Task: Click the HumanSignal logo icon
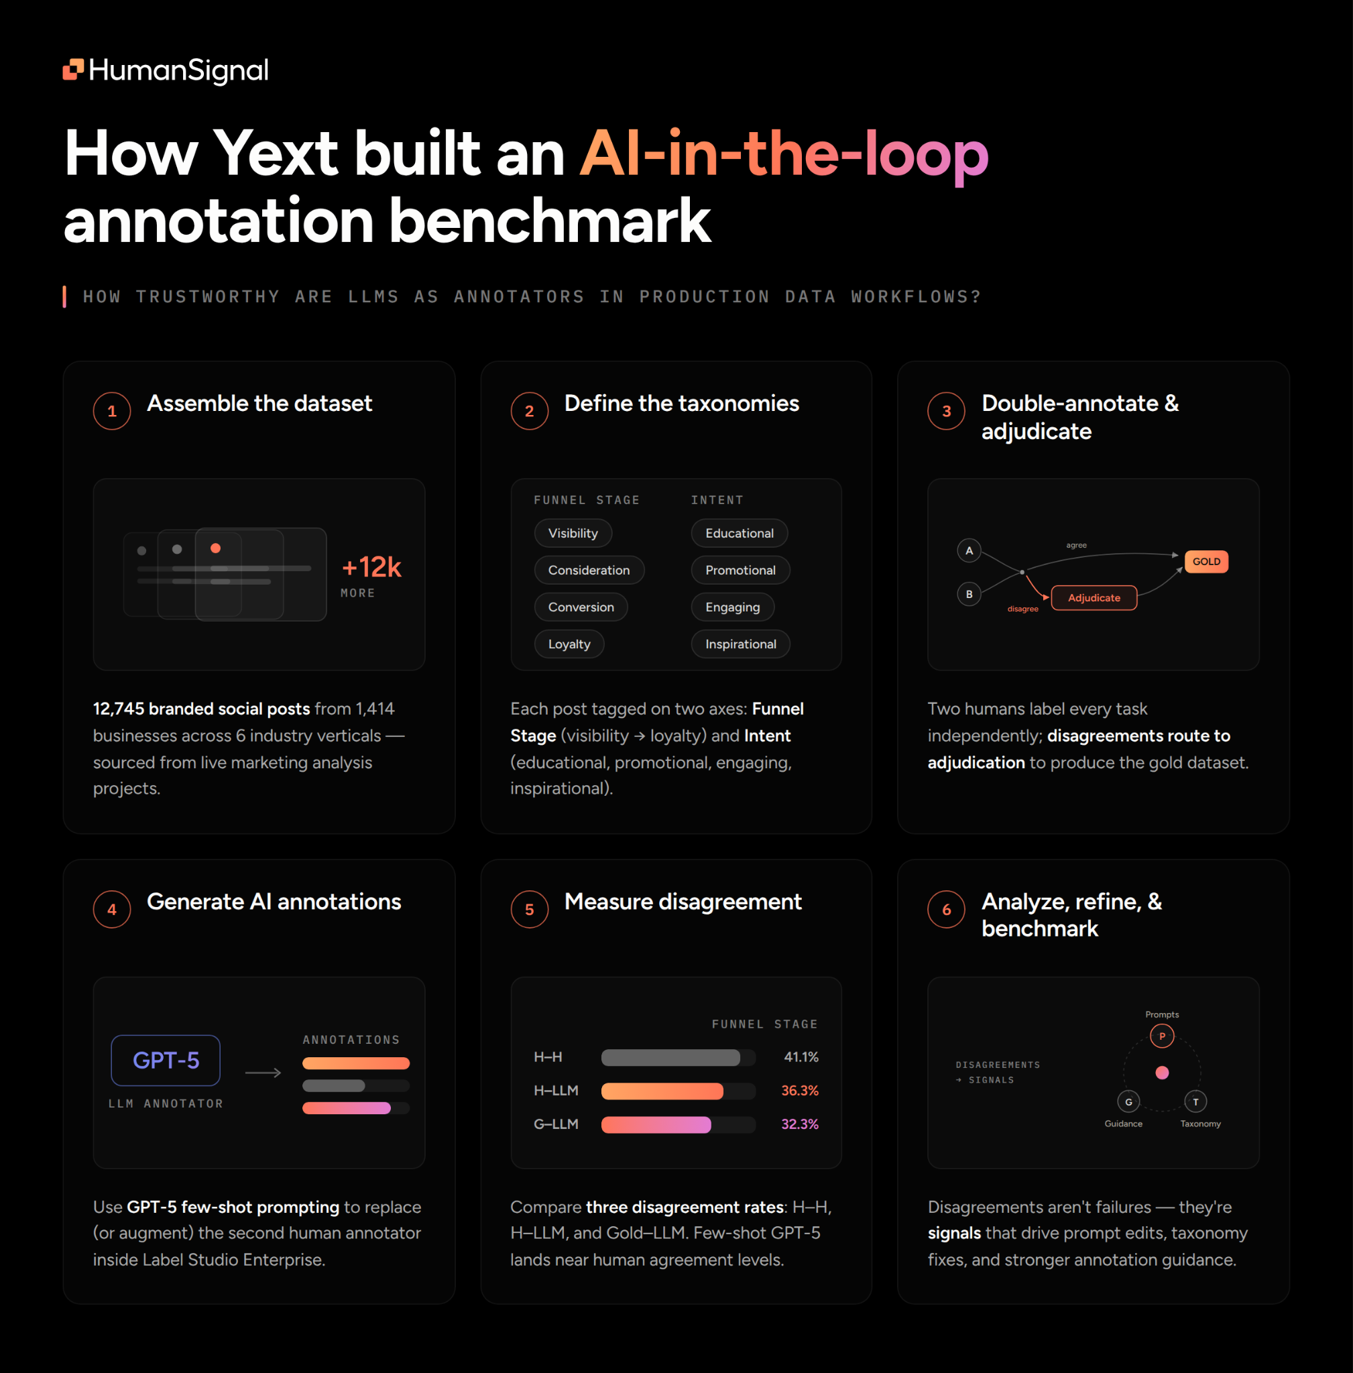pyautogui.click(x=73, y=69)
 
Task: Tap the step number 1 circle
pyautogui.click(x=112, y=411)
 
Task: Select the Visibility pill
pyautogui.click(x=573, y=533)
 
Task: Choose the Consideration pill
pyautogui.click(x=589, y=570)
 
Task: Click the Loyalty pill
pyautogui.click(x=569, y=644)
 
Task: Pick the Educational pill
pyautogui.click(x=739, y=533)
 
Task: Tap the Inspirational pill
pyautogui.click(x=740, y=644)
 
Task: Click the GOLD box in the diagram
pyautogui.click(x=1206, y=561)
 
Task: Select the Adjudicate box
pyautogui.click(x=1094, y=597)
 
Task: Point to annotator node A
pyautogui.click(x=969, y=551)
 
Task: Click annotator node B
pyautogui.click(x=969, y=594)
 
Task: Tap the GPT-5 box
pyautogui.click(x=166, y=1061)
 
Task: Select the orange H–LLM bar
pyautogui.click(x=662, y=1091)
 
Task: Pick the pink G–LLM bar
pyautogui.click(x=656, y=1124)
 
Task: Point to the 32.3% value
pyautogui.click(x=799, y=1124)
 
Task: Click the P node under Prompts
pyautogui.click(x=1162, y=1036)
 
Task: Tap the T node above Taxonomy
pyautogui.click(x=1195, y=1101)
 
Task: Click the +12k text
pyautogui.click(x=371, y=567)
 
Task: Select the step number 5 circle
pyautogui.click(x=530, y=909)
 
